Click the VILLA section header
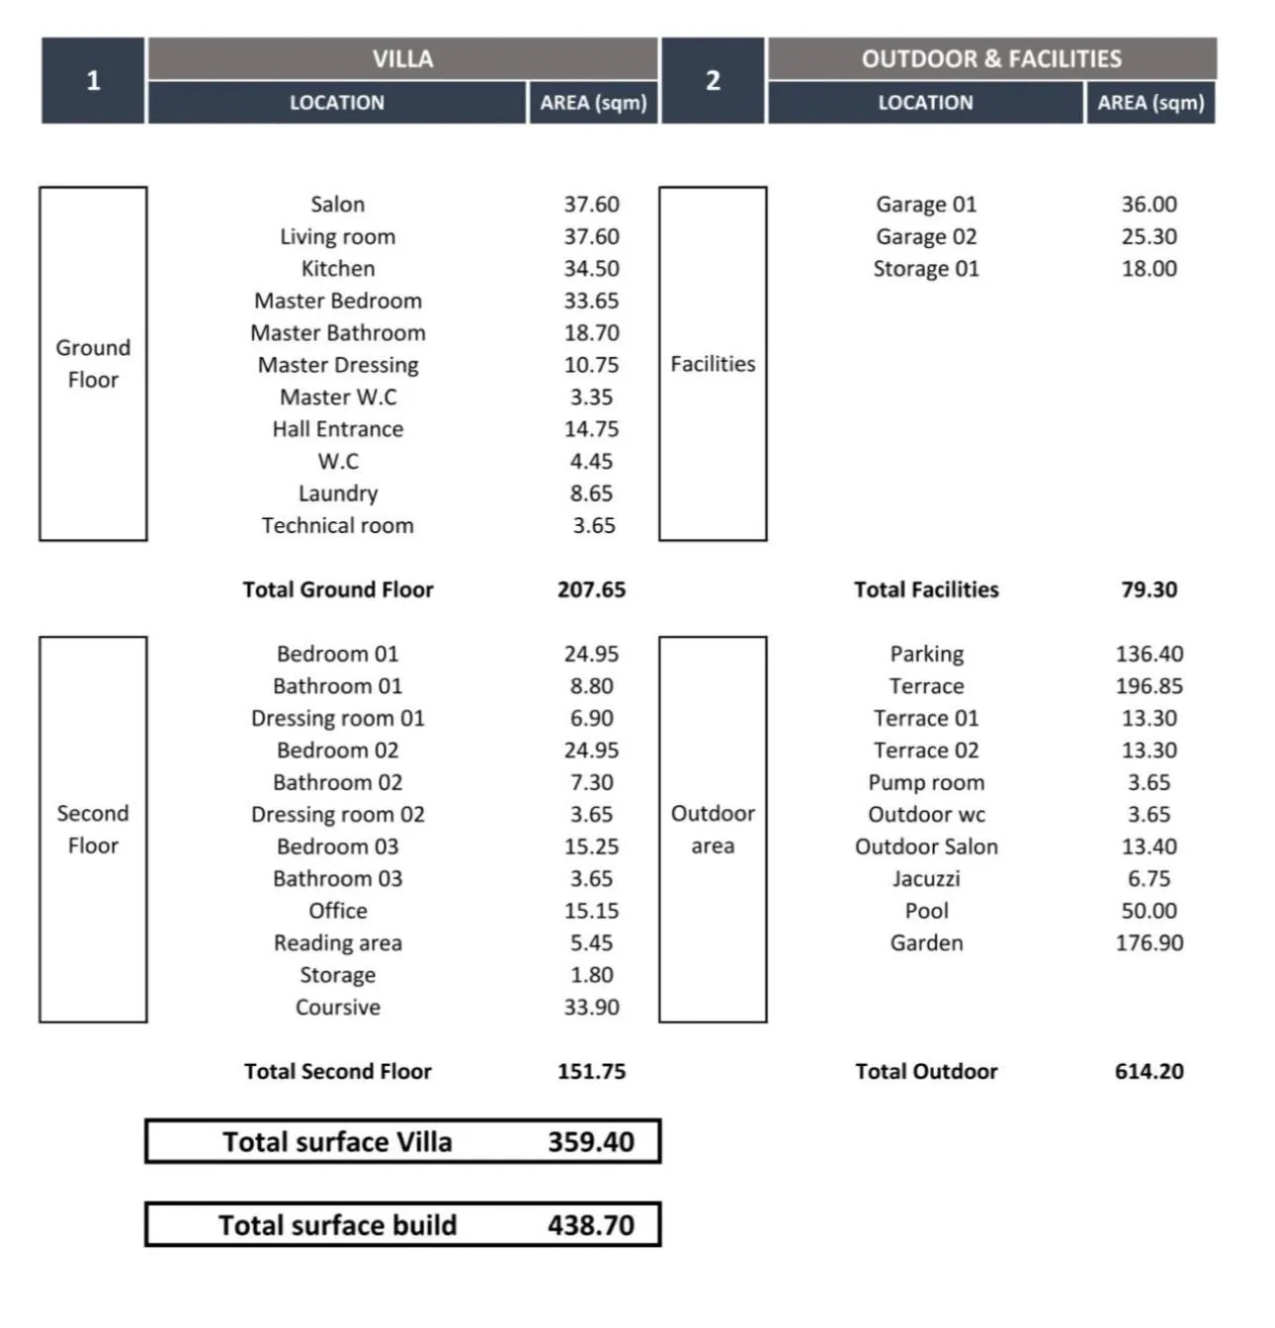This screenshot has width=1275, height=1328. [402, 59]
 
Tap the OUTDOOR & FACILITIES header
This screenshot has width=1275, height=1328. [991, 59]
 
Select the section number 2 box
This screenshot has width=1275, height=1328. [713, 81]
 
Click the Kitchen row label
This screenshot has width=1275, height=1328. [338, 269]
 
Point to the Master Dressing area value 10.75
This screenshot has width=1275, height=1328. [591, 365]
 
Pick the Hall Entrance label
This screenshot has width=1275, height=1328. [338, 429]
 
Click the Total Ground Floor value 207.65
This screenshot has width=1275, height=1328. [591, 589]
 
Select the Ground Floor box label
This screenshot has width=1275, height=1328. [93, 364]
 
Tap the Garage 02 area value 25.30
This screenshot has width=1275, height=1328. [1148, 236]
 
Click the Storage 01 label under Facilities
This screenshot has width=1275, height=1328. [926, 269]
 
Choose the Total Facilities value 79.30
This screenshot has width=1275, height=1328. [1148, 589]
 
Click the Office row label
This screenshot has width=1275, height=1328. [338, 911]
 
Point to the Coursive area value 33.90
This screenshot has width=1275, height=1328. [591, 1007]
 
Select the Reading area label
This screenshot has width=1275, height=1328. [338, 943]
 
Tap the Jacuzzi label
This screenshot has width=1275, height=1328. [926, 879]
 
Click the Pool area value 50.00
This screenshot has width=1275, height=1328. [1148, 911]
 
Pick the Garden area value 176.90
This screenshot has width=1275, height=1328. [1148, 943]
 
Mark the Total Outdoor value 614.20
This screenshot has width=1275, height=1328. [1148, 1071]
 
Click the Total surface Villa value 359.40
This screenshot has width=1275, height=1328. [591, 1142]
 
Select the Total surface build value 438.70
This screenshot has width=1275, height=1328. [591, 1225]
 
